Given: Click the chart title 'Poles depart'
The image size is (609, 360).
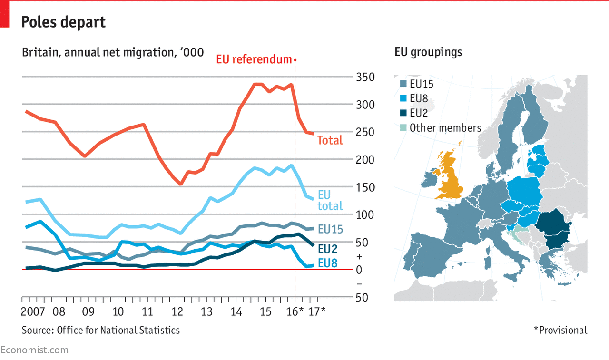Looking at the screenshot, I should click(x=64, y=22).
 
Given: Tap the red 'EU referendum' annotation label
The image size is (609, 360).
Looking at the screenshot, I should click(x=254, y=59).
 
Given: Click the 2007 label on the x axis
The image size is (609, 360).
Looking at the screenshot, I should click(x=33, y=312).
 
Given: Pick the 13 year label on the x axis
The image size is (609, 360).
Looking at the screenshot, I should click(x=206, y=312).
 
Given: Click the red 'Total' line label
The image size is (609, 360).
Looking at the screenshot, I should click(x=330, y=140).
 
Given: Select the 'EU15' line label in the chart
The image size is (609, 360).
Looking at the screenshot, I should click(x=330, y=230).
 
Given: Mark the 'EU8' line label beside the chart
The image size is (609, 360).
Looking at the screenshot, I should click(x=328, y=263).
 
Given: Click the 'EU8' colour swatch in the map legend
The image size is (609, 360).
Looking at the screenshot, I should click(x=403, y=99).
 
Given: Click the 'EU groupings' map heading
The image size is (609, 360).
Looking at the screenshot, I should click(x=428, y=52).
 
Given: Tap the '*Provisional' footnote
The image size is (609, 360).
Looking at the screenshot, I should click(x=560, y=330).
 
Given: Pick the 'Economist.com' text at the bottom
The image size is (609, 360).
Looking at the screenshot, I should click(x=34, y=350).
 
